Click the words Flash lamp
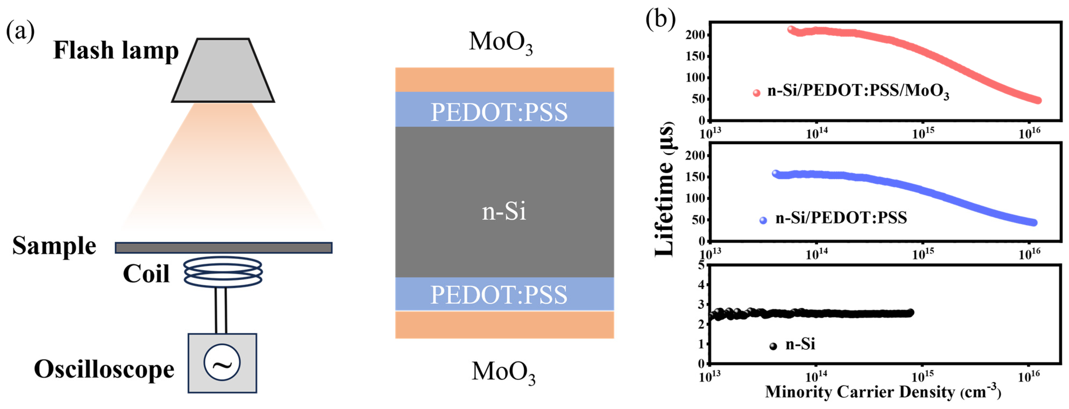click(116, 51)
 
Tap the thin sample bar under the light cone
click(223, 248)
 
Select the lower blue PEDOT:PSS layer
click(504, 294)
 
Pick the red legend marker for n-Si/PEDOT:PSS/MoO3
click(757, 93)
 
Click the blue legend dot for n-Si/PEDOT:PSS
click(763, 221)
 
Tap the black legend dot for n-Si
click(773, 346)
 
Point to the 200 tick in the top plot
click(695, 35)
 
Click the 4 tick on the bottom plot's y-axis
click(701, 285)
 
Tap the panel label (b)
click(660, 19)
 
